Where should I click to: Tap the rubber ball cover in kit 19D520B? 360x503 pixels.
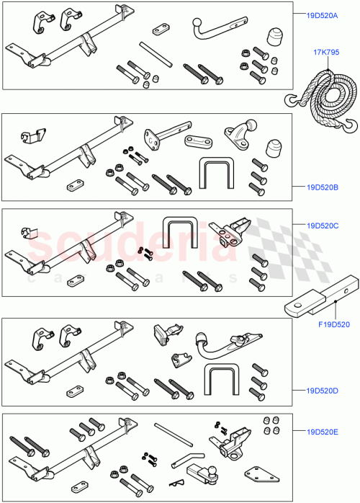273,148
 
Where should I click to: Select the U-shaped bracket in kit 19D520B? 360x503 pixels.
215,172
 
